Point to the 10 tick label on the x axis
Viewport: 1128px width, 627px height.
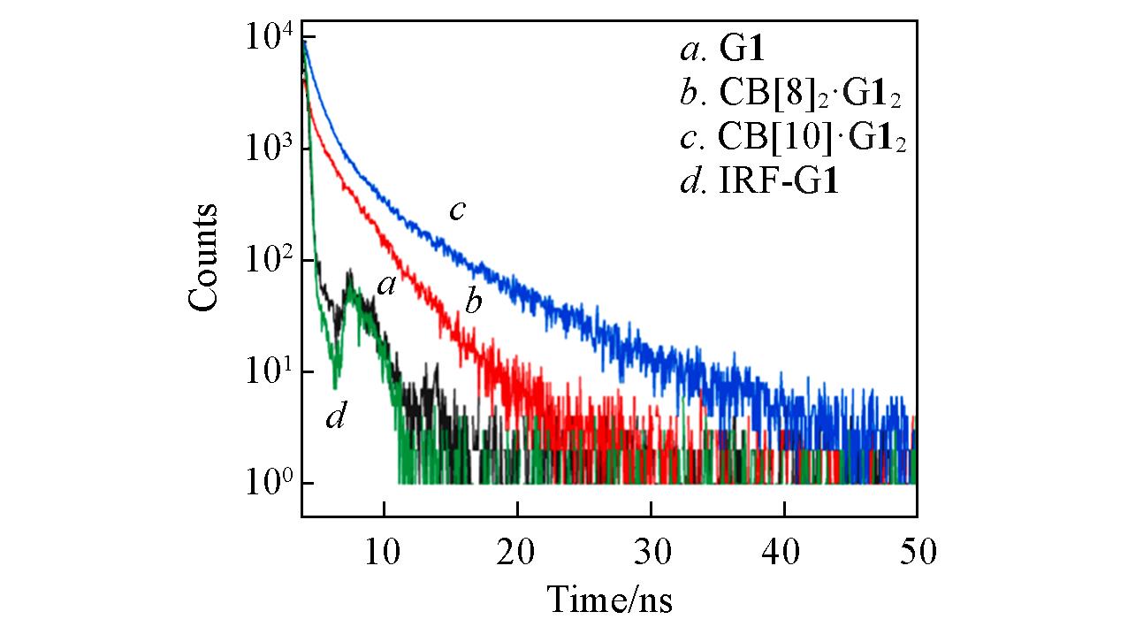coord(384,553)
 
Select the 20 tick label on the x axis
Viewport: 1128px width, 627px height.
coord(517,553)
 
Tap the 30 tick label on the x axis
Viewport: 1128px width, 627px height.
coord(651,553)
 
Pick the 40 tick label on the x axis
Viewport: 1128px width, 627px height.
coord(784,553)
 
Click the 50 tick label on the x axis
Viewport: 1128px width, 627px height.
coord(916,553)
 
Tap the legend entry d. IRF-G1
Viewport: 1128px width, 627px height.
coord(758,184)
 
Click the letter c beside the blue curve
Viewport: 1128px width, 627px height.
coord(457,210)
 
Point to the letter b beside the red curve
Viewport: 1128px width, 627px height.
coord(474,303)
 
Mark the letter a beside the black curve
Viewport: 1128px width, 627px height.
coord(385,285)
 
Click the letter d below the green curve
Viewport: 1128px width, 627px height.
coord(335,416)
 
